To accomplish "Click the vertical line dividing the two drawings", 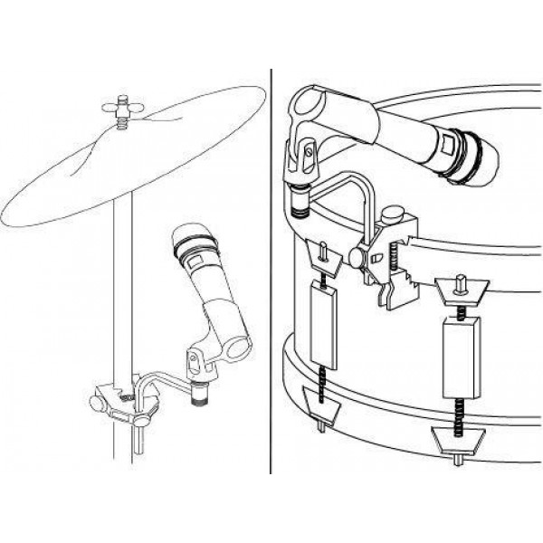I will pos(271,271).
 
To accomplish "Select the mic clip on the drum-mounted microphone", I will pos(304,167).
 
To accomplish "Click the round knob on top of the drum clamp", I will pos(393,216).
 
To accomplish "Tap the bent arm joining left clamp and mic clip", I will pos(158,385).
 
